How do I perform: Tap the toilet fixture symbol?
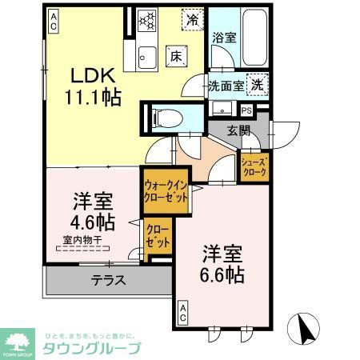166,118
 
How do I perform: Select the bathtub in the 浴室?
250,38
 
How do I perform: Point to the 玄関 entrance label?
239,130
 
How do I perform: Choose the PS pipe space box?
246,110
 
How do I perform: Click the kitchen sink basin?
148,56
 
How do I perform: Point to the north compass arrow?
306,326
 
